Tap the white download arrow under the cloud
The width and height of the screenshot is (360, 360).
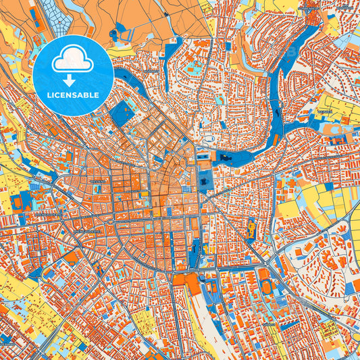(73, 80)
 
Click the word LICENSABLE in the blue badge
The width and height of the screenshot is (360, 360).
(73, 95)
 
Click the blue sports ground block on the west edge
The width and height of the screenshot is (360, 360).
(17, 201)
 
